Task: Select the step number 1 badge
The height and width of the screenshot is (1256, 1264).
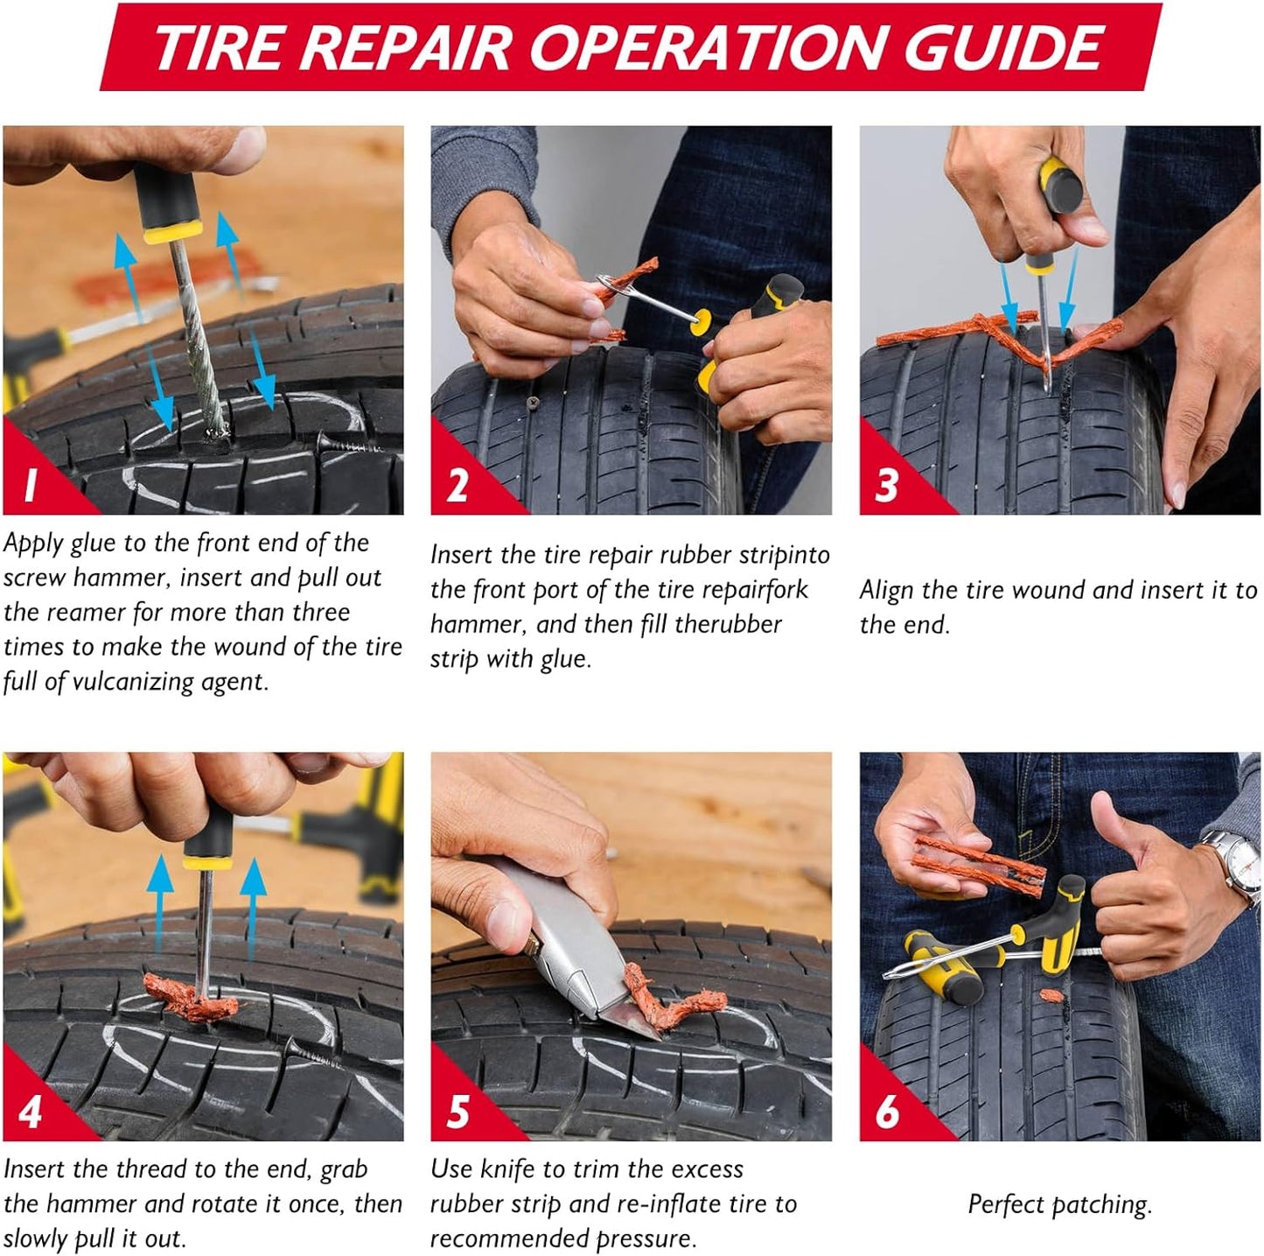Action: (31, 484)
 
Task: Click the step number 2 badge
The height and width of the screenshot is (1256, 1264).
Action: (457, 484)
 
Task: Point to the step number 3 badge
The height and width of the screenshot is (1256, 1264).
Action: (886, 484)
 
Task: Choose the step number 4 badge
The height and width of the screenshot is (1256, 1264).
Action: (31, 1111)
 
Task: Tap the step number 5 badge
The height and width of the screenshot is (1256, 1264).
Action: (457, 1111)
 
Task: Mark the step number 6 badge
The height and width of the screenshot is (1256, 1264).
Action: (886, 1111)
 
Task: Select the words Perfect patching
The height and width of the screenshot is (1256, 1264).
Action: (1059, 1204)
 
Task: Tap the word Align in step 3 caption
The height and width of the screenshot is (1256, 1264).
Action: (886, 590)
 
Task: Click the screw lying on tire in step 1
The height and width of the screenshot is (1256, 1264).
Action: (346, 444)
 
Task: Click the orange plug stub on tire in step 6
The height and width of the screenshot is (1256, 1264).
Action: (1050, 996)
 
